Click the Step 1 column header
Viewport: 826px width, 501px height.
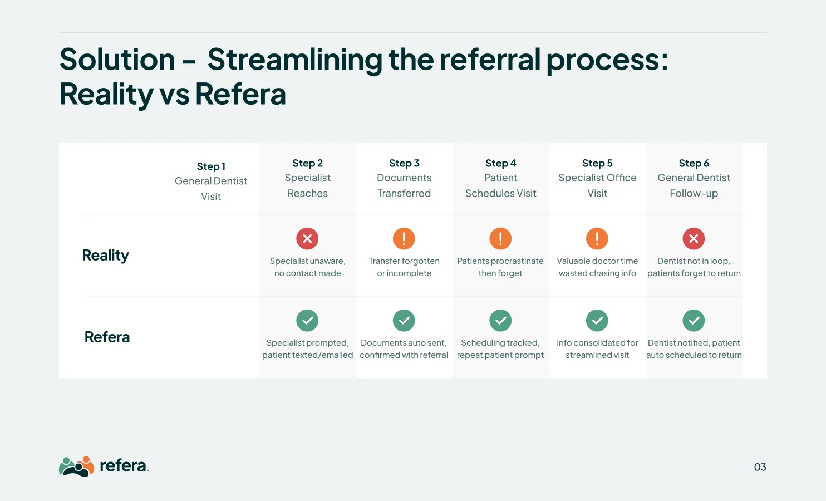coord(211,166)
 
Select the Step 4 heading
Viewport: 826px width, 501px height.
coord(500,163)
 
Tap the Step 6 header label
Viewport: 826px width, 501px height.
coord(694,163)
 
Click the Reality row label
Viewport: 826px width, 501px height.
coord(105,255)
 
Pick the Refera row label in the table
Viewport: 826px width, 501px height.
coord(107,337)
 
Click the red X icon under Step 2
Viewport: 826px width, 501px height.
coord(307,239)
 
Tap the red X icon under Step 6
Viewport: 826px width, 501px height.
coord(694,239)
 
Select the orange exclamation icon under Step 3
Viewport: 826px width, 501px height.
coord(404,239)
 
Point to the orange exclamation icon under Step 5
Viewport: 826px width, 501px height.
coord(597,239)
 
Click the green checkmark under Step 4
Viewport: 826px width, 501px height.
coord(500,321)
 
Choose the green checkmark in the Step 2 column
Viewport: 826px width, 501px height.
coord(307,321)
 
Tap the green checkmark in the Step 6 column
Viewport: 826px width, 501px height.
coord(694,321)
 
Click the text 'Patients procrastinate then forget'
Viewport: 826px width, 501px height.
coord(500,267)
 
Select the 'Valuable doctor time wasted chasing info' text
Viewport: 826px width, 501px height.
coord(597,267)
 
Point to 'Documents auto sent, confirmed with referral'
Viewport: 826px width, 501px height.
coord(404,349)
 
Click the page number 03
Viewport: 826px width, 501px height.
coord(760,467)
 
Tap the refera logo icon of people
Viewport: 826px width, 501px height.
coord(76,466)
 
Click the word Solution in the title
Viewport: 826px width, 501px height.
coord(117,60)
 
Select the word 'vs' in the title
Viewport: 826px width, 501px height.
coord(174,94)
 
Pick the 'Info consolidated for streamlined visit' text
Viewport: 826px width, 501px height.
coord(597,349)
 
